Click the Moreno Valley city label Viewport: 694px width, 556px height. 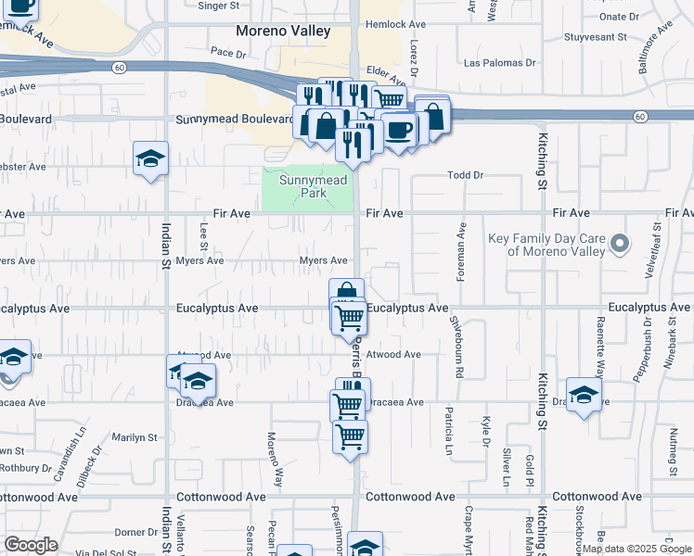pos(283,32)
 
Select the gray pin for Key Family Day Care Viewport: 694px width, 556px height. pos(621,245)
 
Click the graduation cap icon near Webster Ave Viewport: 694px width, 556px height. pos(149,159)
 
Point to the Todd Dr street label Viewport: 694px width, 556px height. pos(466,175)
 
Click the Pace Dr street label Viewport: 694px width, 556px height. pos(227,52)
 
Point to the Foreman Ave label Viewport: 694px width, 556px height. pos(460,246)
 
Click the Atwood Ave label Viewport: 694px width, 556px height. pos(393,355)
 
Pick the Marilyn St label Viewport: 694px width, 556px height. pos(135,436)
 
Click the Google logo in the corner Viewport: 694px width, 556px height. pos(31,545)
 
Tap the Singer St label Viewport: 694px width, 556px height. pos(219,6)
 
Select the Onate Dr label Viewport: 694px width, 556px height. pos(619,16)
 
